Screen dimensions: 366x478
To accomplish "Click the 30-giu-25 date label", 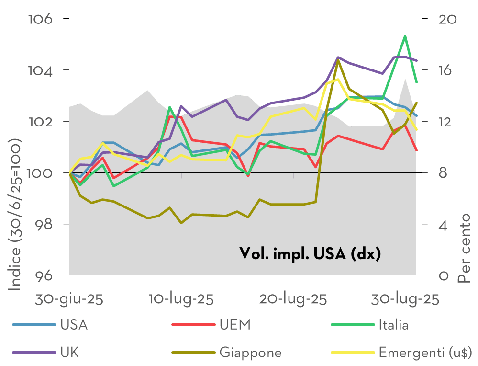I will tap(69, 299).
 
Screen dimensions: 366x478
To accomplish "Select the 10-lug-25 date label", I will tap(181, 299).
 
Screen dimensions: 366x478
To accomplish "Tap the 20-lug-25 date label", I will tap(293, 299).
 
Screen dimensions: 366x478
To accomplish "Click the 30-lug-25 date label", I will tap(405, 299).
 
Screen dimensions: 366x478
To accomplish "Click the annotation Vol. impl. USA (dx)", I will tap(310, 253).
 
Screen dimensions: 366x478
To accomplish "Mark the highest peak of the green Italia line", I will tap(405, 36).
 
